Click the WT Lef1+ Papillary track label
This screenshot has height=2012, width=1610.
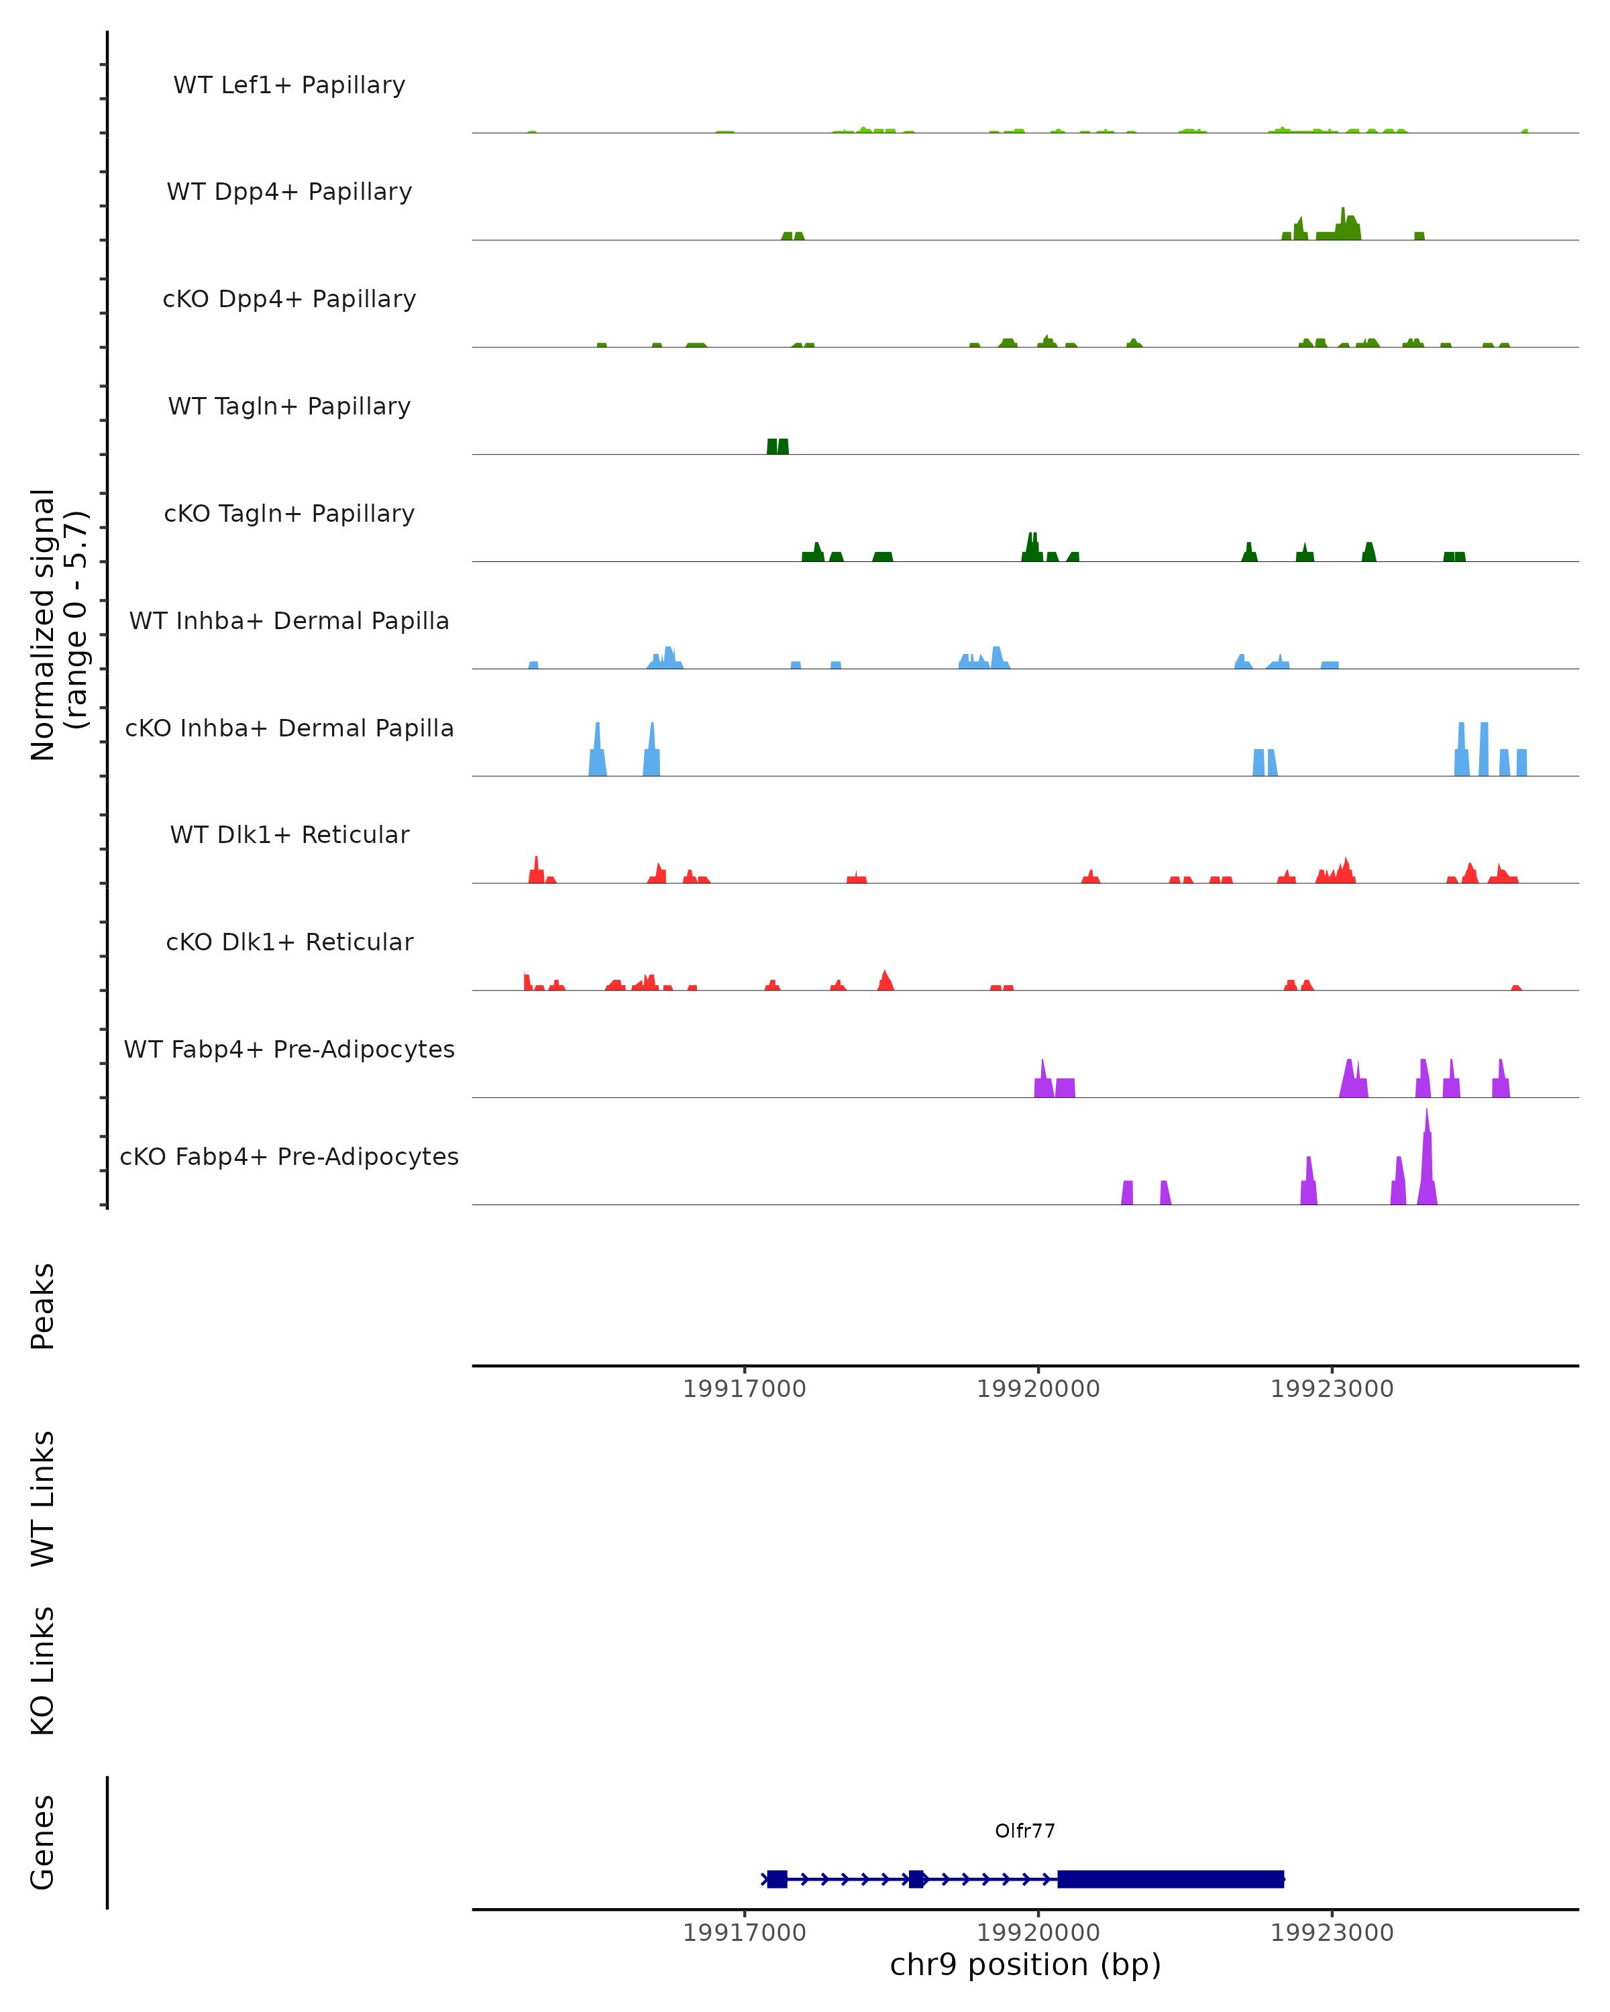point(289,85)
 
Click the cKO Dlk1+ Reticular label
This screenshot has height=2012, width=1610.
point(289,942)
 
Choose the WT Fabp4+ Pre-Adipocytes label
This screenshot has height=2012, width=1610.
point(289,1049)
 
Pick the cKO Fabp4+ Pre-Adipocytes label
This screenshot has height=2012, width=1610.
point(289,1156)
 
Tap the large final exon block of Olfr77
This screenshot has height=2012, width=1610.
point(1171,1879)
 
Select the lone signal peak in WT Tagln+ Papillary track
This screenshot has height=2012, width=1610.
point(777,446)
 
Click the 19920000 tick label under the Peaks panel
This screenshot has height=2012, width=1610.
point(1038,1389)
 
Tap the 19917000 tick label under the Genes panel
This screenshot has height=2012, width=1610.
point(744,1933)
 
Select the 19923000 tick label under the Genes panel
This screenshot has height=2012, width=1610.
point(1332,1933)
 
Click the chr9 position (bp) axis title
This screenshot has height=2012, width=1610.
point(1025,1964)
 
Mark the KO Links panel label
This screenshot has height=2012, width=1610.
point(43,1671)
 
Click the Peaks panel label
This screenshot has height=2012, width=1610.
point(43,1306)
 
